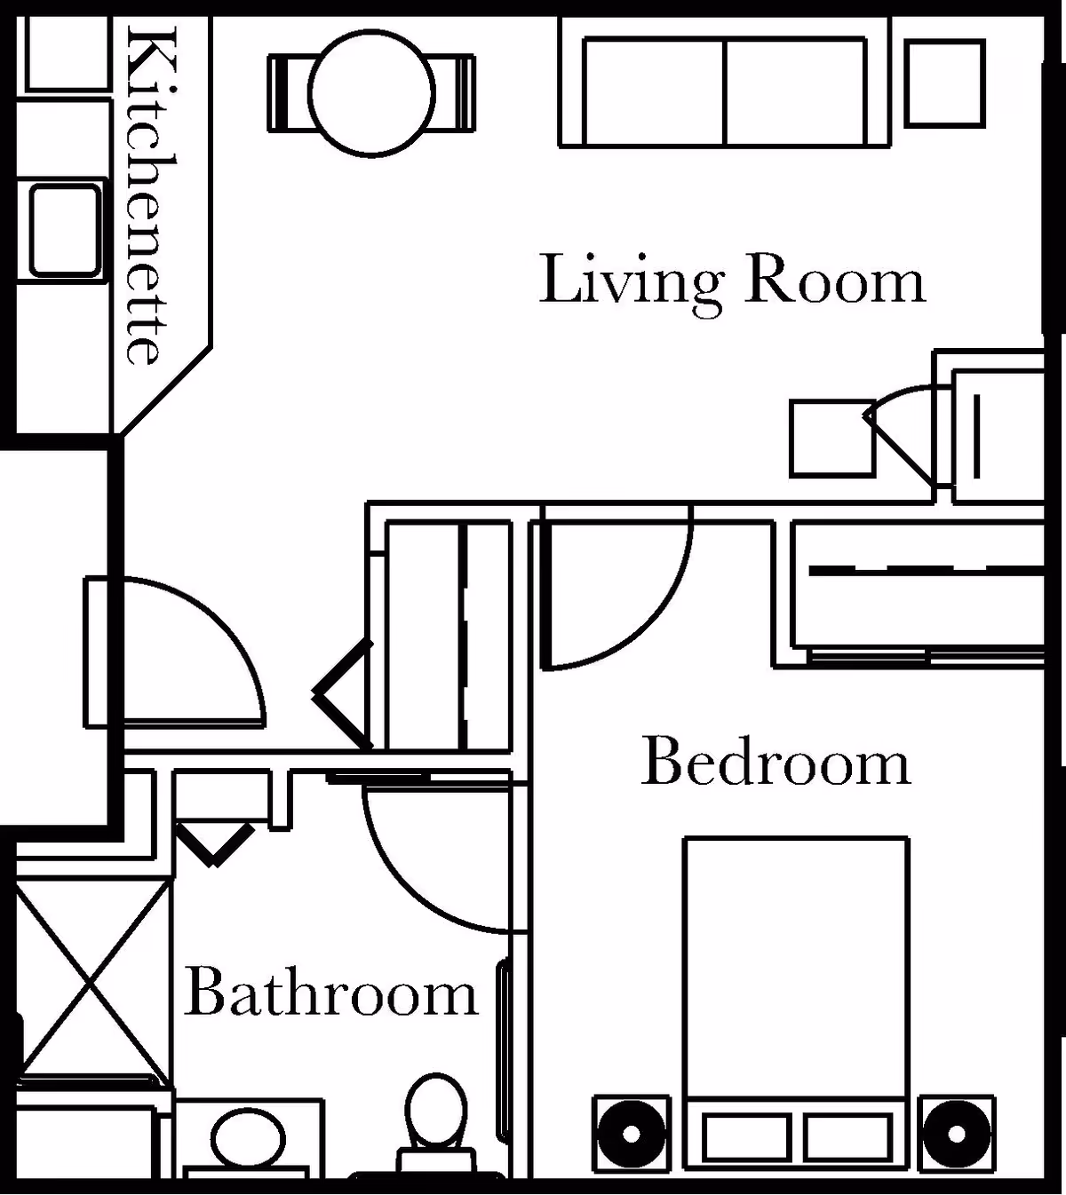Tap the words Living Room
click(x=732, y=281)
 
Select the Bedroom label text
click(x=776, y=763)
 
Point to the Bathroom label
click(x=330, y=994)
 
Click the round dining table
click(x=371, y=92)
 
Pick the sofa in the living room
click(x=724, y=92)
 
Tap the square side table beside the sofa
click(x=945, y=83)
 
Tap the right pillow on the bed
click(x=847, y=1137)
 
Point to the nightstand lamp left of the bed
click(x=632, y=1134)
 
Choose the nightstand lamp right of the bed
click(x=956, y=1134)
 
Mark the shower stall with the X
click(x=92, y=974)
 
